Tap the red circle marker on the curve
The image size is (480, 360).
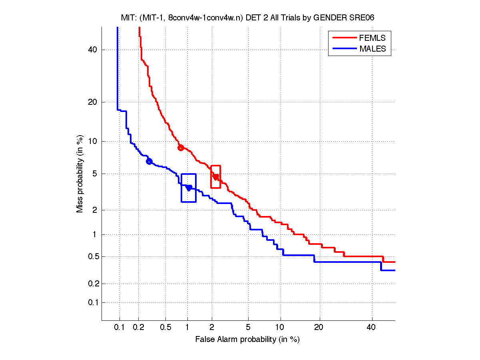tap(181, 148)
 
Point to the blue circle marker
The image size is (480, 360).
tap(149, 162)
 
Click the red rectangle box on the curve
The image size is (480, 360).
tap(215, 177)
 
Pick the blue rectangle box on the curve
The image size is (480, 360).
tap(188, 188)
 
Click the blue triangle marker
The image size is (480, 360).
tap(189, 188)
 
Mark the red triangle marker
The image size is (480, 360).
tap(216, 177)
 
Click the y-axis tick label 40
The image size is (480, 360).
tap(93, 50)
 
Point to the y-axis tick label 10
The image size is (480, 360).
tap(93, 141)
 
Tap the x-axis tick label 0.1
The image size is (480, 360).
tap(120, 327)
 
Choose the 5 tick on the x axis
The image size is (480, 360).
tap(248, 327)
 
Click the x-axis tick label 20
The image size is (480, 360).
tap(318, 327)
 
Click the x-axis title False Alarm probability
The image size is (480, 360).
tap(247, 339)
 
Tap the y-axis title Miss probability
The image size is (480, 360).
tap(80, 174)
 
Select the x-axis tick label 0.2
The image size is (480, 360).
tap(138, 327)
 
